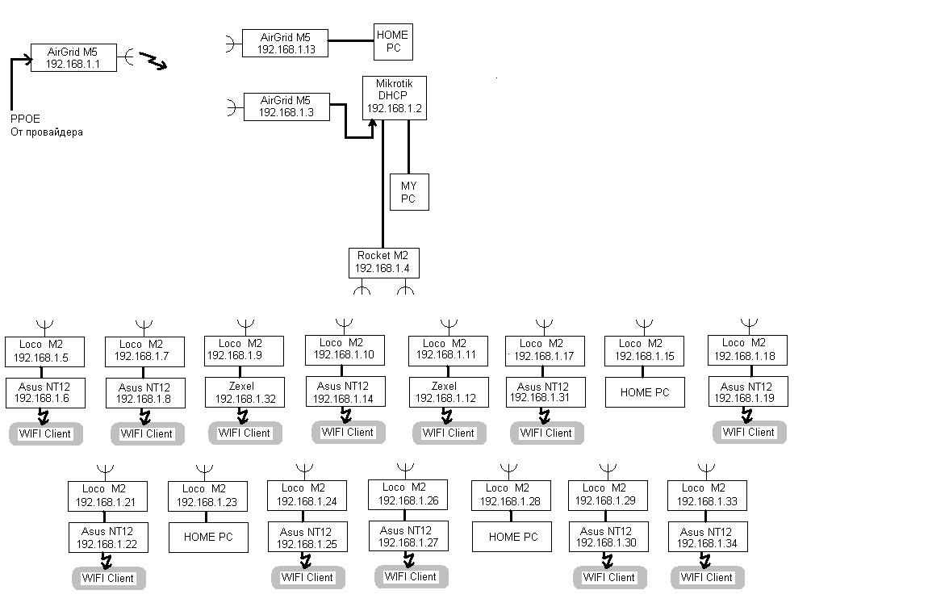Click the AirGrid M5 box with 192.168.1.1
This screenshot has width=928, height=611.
pyautogui.click(x=73, y=57)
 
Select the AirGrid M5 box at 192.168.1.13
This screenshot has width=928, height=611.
pyautogui.click(x=286, y=43)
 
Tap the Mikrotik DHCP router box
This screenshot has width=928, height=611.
pyautogui.click(x=394, y=98)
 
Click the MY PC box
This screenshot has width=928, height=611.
pyautogui.click(x=408, y=192)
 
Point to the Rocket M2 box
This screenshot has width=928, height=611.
pyautogui.click(x=383, y=262)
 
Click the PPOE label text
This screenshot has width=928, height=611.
pyautogui.click(x=25, y=119)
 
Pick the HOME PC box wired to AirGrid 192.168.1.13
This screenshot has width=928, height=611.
pyautogui.click(x=393, y=41)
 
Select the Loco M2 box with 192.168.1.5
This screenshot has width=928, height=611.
pyautogui.click(x=44, y=351)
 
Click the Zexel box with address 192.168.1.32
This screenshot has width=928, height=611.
pyautogui.click(x=245, y=392)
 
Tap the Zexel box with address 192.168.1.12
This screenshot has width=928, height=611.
pyautogui.click(x=449, y=392)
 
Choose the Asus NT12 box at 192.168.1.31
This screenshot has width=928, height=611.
pyautogui.click(x=545, y=392)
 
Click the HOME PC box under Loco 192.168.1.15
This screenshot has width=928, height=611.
pyautogui.click(x=645, y=392)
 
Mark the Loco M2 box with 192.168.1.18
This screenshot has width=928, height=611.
pyautogui.click(x=746, y=350)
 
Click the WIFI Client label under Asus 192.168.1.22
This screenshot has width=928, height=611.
pyautogui.click(x=108, y=578)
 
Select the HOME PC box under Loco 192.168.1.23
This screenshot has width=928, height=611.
pyautogui.click(x=207, y=537)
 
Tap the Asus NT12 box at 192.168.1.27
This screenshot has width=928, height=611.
pyautogui.click(x=408, y=537)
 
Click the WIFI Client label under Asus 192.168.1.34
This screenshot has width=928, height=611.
pyautogui.click(x=707, y=577)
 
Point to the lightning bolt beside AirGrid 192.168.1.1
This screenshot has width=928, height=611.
pyautogui.click(x=153, y=61)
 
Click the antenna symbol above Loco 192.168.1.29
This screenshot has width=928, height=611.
pyautogui.click(x=608, y=468)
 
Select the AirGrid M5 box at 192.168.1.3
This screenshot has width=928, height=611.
pyautogui.click(x=286, y=107)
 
